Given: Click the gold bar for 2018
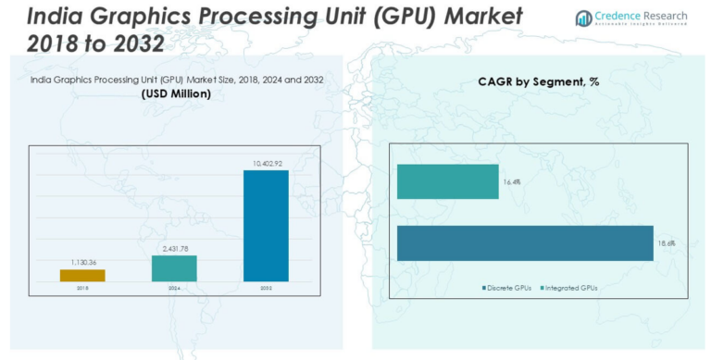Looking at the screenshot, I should [x=82, y=275].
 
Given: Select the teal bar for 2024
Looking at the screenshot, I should [x=174, y=268].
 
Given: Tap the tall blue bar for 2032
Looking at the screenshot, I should [x=266, y=226].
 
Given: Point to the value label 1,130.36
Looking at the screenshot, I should [x=82, y=263].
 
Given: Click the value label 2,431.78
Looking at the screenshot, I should [x=174, y=249].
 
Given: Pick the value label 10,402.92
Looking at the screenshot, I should [x=266, y=164].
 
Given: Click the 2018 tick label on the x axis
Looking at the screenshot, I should [x=82, y=288].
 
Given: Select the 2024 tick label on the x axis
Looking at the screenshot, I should [x=174, y=288].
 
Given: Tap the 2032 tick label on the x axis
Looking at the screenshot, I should [x=266, y=288].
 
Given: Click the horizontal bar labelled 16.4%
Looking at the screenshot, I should [x=447, y=182].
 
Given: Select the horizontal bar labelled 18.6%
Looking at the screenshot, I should [x=525, y=242].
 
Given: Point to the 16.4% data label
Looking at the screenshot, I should [x=511, y=182].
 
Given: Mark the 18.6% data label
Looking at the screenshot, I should [x=666, y=242].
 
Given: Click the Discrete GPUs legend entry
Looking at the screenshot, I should [x=507, y=289].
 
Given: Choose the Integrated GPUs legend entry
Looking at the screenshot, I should [x=569, y=289].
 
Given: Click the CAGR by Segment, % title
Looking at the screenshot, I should [x=539, y=81].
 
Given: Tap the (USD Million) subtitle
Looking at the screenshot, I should [x=176, y=94].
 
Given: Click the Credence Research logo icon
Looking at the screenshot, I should [x=582, y=18].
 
